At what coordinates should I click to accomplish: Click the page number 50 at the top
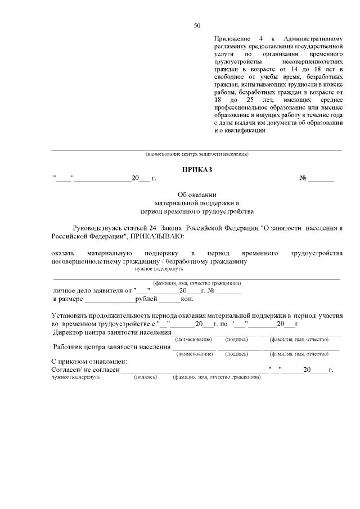pyautogui.click(x=197, y=25)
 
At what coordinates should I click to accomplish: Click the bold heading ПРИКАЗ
pyautogui.click(x=197, y=169)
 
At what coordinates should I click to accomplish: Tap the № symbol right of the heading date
pyautogui.click(x=303, y=178)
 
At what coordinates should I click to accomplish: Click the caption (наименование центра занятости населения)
pyautogui.click(x=196, y=154)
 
